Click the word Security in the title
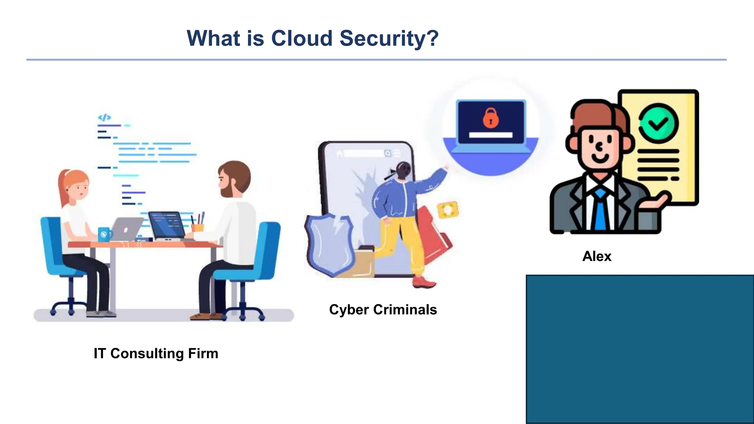[389, 38]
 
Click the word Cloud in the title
[302, 38]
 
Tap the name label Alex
[597, 256]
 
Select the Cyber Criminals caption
[383, 310]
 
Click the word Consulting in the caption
[147, 353]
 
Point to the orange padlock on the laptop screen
[490, 118]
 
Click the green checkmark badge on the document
[658, 123]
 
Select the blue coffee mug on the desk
[105, 234]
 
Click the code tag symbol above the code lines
[104, 117]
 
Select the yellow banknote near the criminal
[448, 209]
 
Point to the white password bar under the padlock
[490, 135]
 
